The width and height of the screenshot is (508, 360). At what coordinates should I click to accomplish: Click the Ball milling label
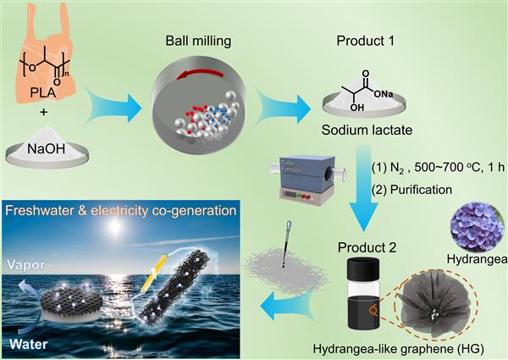pos(198,42)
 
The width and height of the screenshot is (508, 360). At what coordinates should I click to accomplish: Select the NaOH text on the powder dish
pos(46,149)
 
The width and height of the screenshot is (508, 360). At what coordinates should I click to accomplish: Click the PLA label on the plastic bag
pos(43,92)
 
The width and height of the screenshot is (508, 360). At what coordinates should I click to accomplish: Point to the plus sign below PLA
pos(43,112)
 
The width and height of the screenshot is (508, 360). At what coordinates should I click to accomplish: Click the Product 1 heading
pos(366,42)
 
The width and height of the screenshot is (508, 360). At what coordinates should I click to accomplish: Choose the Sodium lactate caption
pos(367,130)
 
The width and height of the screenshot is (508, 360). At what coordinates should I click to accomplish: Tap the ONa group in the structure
pos(384,94)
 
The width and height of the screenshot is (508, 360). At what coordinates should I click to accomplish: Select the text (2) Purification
pos(411,190)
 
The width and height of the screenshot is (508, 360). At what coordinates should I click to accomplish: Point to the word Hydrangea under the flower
pos(477,259)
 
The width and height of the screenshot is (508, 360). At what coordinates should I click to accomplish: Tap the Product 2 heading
pos(367,247)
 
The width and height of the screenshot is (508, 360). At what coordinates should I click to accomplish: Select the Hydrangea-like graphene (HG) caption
pos(399,349)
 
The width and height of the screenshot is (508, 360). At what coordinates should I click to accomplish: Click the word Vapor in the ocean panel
pos(26,265)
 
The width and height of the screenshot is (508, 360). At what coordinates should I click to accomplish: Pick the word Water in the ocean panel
pos(29,344)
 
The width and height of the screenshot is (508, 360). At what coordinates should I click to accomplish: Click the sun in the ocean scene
pos(114,226)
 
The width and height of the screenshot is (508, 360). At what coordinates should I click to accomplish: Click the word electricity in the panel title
pos(119,211)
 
